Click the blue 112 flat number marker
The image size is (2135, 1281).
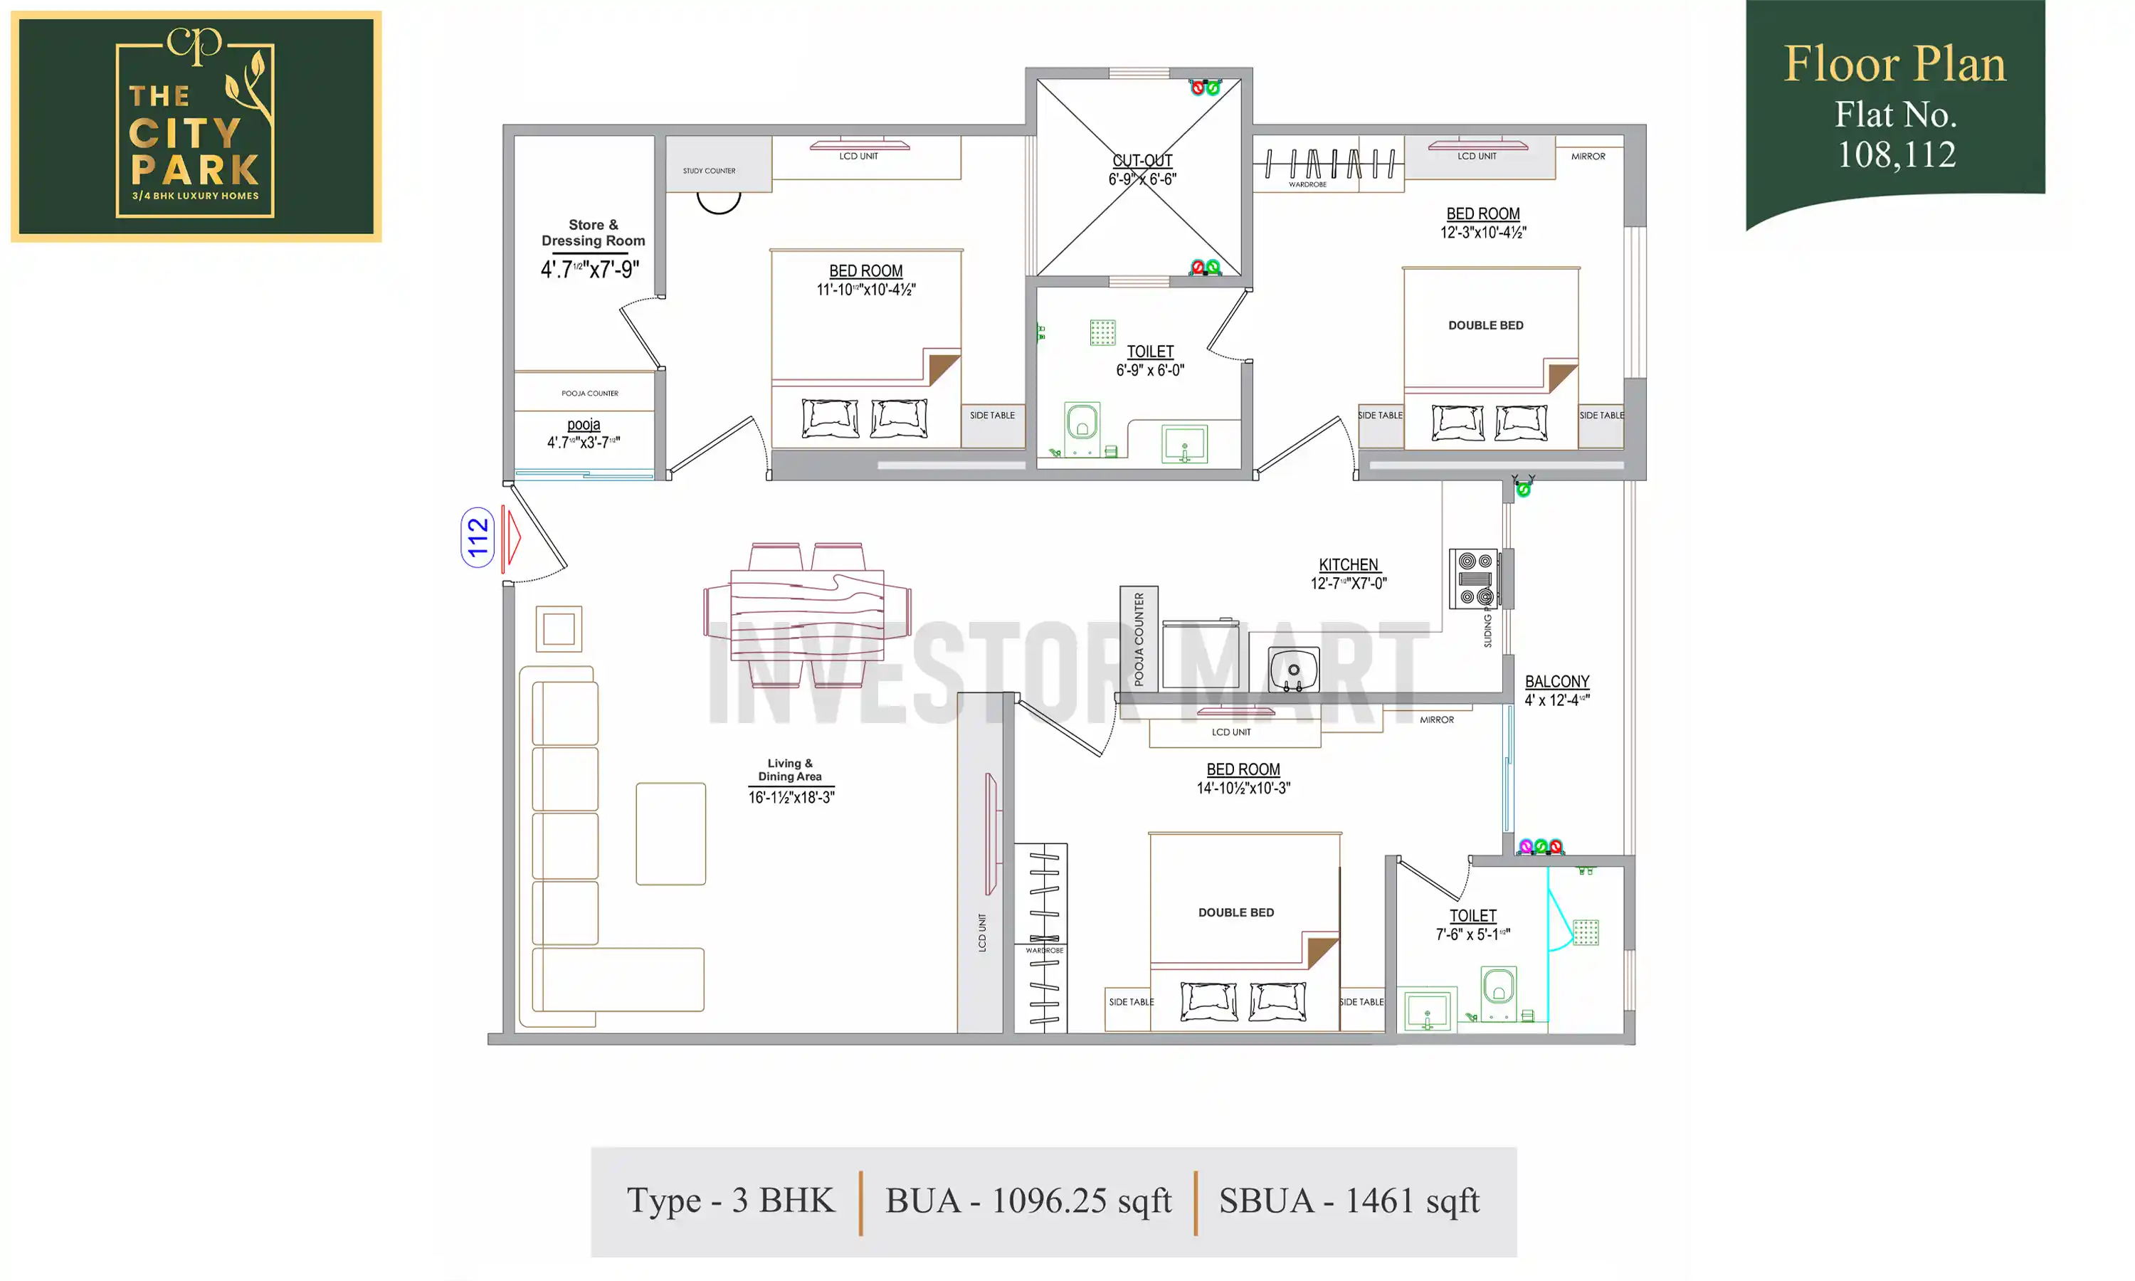click(478, 537)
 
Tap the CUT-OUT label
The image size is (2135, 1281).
click(1142, 161)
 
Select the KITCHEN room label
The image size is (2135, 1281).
click(1348, 564)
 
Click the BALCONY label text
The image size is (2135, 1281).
click(1556, 681)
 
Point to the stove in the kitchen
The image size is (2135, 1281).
click(1475, 579)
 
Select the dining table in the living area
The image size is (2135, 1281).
click(807, 615)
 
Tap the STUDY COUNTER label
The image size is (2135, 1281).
click(709, 171)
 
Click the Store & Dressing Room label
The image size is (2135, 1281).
click(593, 233)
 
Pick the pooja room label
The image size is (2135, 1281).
click(584, 425)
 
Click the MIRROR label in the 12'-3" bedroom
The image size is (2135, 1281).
click(1587, 157)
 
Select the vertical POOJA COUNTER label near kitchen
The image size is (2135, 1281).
click(1138, 639)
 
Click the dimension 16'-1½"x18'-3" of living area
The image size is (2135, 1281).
click(791, 798)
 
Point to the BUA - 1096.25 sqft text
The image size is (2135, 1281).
click(1028, 1201)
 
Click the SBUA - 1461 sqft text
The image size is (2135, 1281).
click(1348, 1201)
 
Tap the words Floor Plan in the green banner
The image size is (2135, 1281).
click(1894, 64)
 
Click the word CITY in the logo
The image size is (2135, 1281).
click(184, 134)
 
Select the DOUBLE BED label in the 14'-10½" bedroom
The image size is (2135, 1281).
click(1235, 912)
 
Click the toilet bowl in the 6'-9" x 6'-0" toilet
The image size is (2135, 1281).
click(1081, 425)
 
